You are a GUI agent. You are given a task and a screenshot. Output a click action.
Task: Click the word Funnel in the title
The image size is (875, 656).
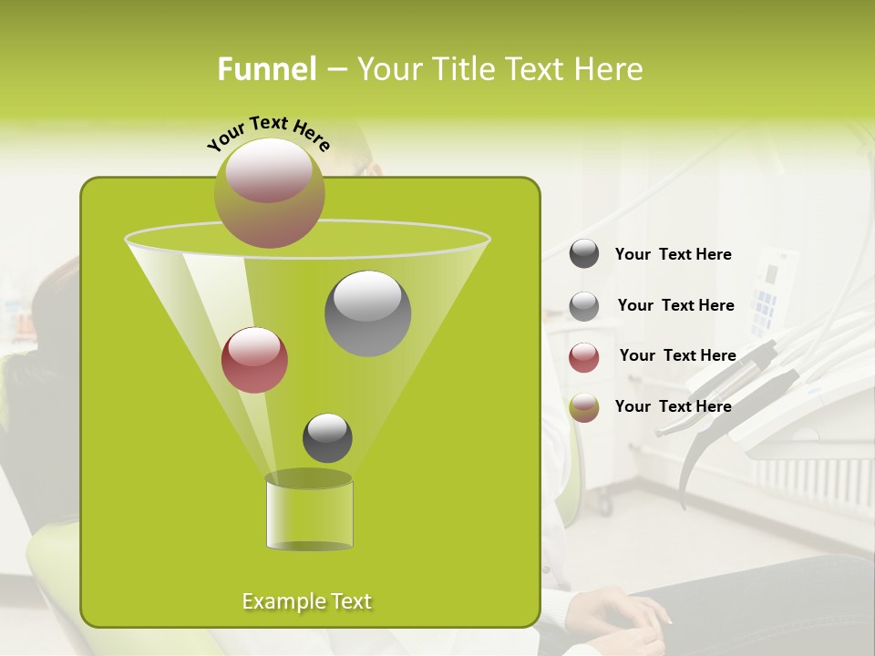pyautogui.click(x=267, y=68)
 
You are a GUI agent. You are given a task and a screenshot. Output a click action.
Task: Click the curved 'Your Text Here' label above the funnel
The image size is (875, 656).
pyautogui.click(x=269, y=134)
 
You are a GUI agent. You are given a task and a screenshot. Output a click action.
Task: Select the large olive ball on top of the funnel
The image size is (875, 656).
pyautogui.click(x=269, y=192)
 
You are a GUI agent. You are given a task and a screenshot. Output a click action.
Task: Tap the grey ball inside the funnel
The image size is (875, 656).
pyautogui.click(x=367, y=313)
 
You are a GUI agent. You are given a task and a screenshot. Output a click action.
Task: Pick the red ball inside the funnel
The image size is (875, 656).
pyautogui.click(x=254, y=360)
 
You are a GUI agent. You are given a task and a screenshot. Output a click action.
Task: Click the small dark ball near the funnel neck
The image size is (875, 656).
pyautogui.click(x=327, y=437)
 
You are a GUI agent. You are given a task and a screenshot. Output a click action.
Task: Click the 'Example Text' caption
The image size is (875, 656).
pyautogui.click(x=307, y=601)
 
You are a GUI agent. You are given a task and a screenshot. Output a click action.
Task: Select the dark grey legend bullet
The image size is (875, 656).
pyautogui.click(x=584, y=254)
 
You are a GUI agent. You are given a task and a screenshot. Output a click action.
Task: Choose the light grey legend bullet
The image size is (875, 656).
pyautogui.click(x=584, y=306)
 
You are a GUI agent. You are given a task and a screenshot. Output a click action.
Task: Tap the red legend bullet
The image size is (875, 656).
pyautogui.click(x=584, y=357)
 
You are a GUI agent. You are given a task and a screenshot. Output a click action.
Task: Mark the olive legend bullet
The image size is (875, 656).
pyautogui.click(x=584, y=407)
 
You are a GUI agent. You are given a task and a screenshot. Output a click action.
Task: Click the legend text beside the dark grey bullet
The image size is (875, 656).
pyautogui.click(x=673, y=255)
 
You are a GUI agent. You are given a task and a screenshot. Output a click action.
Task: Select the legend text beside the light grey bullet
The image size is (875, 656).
pyautogui.click(x=675, y=305)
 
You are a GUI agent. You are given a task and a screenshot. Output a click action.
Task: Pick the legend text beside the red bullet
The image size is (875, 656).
pyautogui.click(x=677, y=355)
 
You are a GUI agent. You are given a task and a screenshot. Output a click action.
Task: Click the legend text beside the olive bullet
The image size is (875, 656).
pyautogui.click(x=673, y=406)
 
